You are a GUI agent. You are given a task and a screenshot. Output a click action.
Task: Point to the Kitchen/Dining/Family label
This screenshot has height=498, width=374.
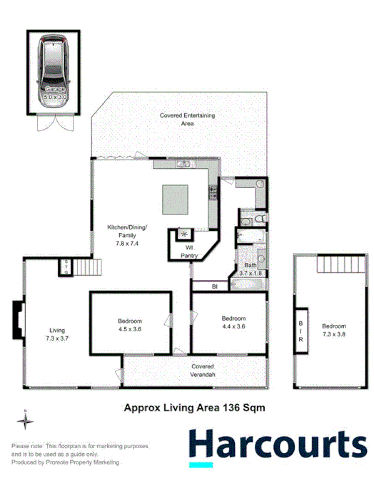point(126,232)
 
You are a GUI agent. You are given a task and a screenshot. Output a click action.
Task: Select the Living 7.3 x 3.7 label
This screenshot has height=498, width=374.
point(56,333)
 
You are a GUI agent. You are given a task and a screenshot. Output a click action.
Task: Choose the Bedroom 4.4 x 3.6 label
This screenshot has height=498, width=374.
point(233,322)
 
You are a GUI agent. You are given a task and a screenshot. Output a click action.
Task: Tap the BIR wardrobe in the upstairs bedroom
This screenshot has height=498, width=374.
point(301,328)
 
